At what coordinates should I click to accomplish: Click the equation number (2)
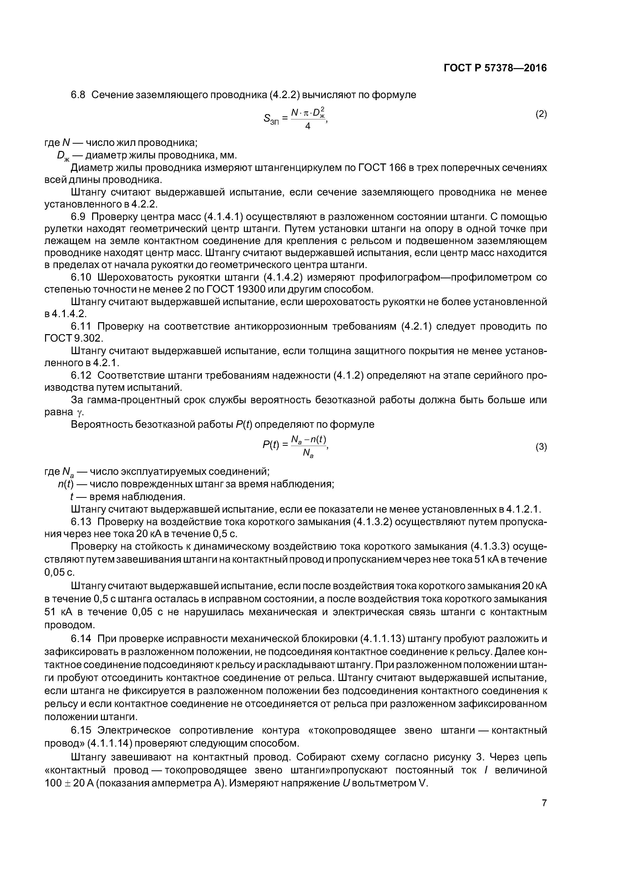(x=541, y=114)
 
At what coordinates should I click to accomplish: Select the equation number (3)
(x=541, y=447)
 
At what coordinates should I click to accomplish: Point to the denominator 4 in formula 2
(x=308, y=127)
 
